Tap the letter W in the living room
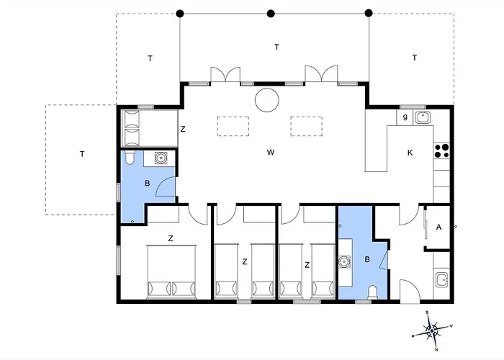(x=271, y=153)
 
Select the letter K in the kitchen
(x=410, y=153)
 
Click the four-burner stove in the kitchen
(x=441, y=150)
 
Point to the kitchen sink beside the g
(x=423, y=117)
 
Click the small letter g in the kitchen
(x=405, y=117)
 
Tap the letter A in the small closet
(x=438, y=228)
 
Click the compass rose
(x=432, y=330)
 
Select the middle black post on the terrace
(x=271, y=14)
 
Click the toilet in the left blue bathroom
(x=129, y=158)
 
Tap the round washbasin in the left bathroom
(x=161, y=158)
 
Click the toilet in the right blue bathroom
(x=373, y=292)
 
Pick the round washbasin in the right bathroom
(x=345, y=261)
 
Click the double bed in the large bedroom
(x=171, y=272)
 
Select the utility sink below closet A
(x=441, y=280)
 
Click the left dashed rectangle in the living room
(x=233, y=126)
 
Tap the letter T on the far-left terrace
(x=82, y=154)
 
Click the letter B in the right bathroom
(x=367, y=259)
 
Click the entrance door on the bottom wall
(x=410, y=291)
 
